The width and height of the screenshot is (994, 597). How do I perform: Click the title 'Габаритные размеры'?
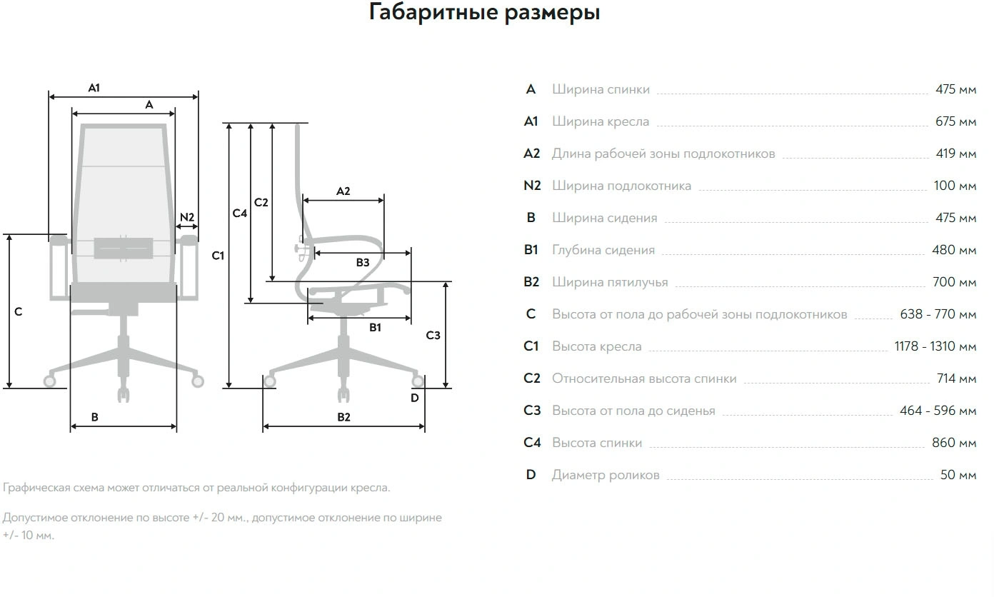(484, 13)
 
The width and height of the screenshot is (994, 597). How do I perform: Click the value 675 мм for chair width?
(955, 121)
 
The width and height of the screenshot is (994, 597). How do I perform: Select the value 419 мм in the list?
(955, 154)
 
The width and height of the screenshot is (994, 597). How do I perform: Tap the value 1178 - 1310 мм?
(935, 346)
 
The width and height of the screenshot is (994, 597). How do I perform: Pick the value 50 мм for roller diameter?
(958, 475)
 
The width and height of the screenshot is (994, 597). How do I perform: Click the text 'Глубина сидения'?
(603, 250)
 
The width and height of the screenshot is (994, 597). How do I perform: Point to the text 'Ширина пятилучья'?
(610, 282)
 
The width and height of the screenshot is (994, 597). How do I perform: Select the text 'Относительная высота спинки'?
(644, 378)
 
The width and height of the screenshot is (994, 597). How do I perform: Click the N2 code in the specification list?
(532, 186)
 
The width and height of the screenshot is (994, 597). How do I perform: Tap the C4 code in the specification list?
(532, 443)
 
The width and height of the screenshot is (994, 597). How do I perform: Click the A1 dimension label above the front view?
(94, 88)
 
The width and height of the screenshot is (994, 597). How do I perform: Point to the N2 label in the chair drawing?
(187, 217)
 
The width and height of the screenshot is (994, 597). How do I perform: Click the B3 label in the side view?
(363, 263)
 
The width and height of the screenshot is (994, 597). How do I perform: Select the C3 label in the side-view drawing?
(433, 335)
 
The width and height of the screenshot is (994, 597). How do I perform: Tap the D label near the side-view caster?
(415, 398)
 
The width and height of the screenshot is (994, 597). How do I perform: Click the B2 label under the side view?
(344, 417)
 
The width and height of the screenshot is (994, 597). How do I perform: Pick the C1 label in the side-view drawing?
(218, 256)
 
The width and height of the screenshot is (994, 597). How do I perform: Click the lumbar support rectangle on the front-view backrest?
(124, 248)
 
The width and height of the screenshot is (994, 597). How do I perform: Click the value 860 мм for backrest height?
(954, 443)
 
